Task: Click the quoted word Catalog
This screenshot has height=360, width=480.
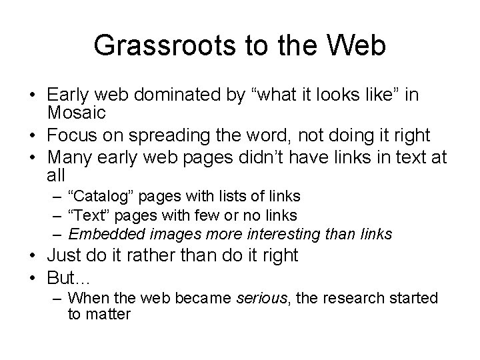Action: pos(97,196)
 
